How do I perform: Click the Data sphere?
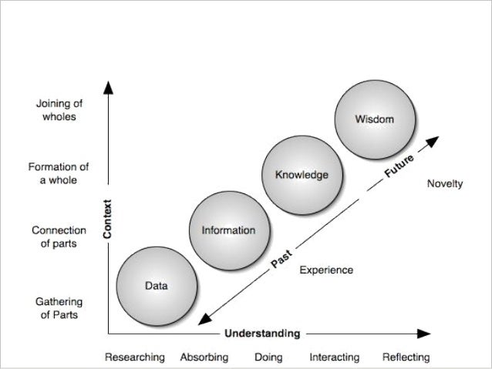tap(157, 286)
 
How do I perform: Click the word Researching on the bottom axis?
tap(135, 357)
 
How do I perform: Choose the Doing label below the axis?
tap(268, 357)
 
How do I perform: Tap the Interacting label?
tap(334, 357)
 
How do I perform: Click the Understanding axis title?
tap(261, 334)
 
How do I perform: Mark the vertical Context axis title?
tap(109, 219)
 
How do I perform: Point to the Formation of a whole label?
tap(58, 173)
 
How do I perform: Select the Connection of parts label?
tap(58, 236)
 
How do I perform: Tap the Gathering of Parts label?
tap(58, 307)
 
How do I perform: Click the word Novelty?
tap(444, 184)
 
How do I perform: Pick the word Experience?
tap(325, 270)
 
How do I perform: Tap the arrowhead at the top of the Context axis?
tap(110, 87)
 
